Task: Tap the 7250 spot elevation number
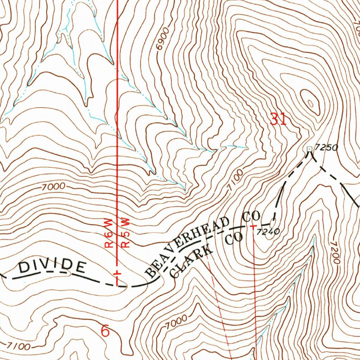point(326,148)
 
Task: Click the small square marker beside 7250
point(310,149)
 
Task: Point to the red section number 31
point(278,120)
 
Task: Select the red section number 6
point(105,331)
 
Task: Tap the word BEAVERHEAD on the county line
point(188,246)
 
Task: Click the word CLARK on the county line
point(192,261)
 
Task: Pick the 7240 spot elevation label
point(268,231)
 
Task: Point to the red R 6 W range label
point(109,233)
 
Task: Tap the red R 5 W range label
point(125,233)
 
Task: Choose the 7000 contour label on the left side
point(53,187)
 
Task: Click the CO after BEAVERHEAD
point(251,217)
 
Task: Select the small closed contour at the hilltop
point(310,103)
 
